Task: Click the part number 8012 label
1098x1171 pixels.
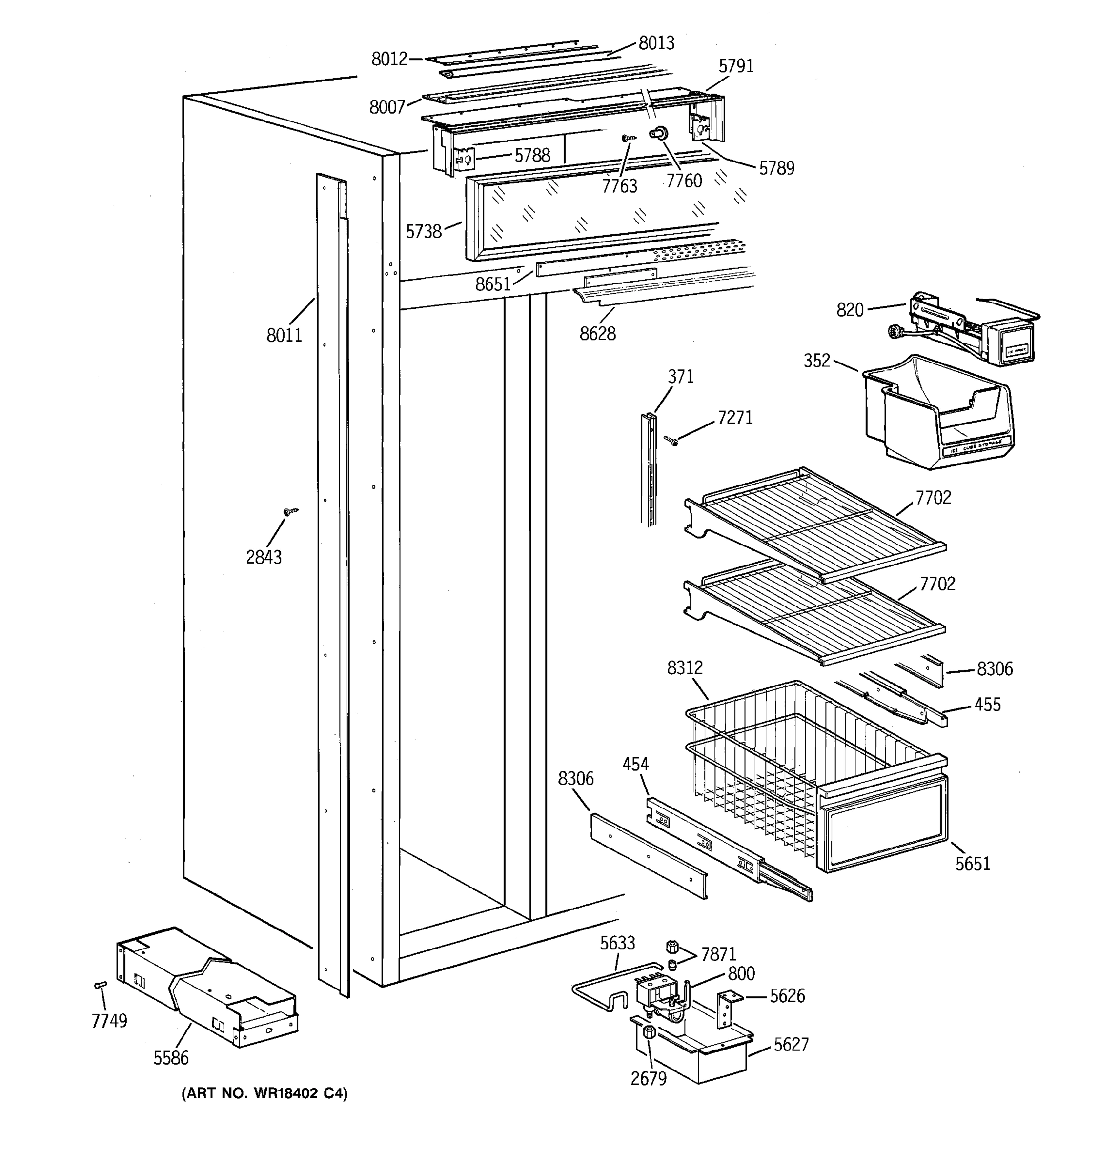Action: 389,59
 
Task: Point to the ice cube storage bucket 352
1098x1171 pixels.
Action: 936,412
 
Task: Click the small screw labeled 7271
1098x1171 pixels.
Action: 671,440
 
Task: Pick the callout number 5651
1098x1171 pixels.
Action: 973,864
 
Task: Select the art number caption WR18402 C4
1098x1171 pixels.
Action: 264,1094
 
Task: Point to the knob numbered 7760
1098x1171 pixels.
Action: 655,134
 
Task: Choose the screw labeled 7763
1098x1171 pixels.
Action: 628,139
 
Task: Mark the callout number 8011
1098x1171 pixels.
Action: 284,335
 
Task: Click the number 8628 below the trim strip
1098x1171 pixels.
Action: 597,334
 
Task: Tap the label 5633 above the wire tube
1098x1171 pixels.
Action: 617,943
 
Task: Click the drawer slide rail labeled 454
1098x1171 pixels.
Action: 725,848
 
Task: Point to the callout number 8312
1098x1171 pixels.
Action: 685,668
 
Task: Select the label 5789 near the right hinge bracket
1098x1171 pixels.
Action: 776,168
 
